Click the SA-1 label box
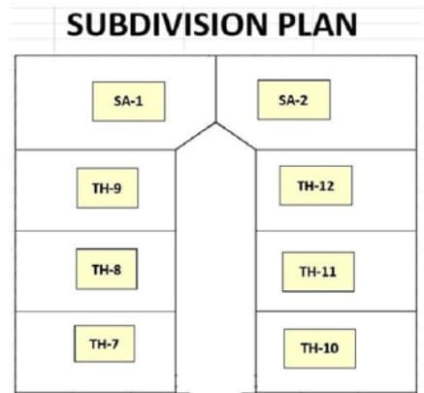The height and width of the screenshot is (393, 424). pos(129,102)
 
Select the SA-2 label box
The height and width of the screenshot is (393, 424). pos(294,100)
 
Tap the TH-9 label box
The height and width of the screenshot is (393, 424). pos(108,188)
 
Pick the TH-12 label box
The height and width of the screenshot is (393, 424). pos(316,185)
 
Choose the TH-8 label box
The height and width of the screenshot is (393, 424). pos(107,269)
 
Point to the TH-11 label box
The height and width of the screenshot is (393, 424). pos(318,272)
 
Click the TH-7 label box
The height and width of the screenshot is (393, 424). pos(105,344)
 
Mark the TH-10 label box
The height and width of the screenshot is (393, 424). pos(320,348)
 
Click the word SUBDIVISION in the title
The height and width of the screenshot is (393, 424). pos(167,24)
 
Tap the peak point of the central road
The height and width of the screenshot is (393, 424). pos(215,122)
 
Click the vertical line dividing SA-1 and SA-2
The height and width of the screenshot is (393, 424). pos(215,89)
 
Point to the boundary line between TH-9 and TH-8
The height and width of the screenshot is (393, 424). pos(95,231)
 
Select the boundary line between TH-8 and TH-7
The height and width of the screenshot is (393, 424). pos(95,311)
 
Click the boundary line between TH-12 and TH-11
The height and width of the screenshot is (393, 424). pos(337,231)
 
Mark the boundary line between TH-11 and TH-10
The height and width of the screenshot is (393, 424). pos(337,311)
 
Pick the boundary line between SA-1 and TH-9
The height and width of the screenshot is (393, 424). pos(95,149)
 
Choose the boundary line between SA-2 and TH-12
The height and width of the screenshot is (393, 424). pos(337,149)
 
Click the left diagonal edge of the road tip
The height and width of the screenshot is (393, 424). pos(196,136)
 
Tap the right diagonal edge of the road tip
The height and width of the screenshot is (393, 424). pos(236,136)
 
